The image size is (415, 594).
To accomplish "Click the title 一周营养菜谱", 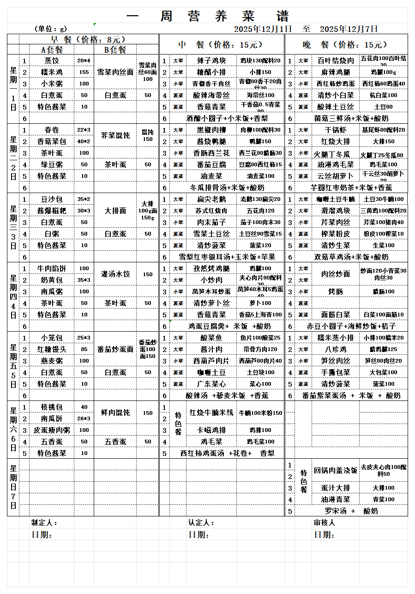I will (208, 17).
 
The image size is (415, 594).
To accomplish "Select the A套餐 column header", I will (51, 49).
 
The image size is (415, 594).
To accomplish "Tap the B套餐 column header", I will (115, 49).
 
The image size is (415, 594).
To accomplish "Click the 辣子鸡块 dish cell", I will (211, 61).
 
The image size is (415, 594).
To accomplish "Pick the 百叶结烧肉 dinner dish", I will (336, 61).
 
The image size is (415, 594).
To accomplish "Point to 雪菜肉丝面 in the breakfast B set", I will (115, 72).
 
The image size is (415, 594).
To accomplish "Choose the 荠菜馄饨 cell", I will (115, 136).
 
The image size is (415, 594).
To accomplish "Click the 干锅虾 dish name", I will (336, 130).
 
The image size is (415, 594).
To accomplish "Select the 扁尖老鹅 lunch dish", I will (211, 199).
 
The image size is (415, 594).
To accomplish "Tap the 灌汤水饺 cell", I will (115, 274).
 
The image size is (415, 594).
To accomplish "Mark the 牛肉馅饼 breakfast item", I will (51, 268).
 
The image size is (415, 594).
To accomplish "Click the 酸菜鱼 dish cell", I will (211, 338).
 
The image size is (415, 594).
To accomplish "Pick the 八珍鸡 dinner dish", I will (336, 349).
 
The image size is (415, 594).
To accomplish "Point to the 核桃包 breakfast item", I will (51, 407).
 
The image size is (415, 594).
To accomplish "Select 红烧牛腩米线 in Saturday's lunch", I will (211, 412).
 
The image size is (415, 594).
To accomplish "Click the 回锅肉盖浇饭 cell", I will (336, 471).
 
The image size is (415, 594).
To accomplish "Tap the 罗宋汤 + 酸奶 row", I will (351, 511).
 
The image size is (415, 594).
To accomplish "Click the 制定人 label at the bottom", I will (44, 522).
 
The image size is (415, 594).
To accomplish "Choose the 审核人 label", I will (325, 522).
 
